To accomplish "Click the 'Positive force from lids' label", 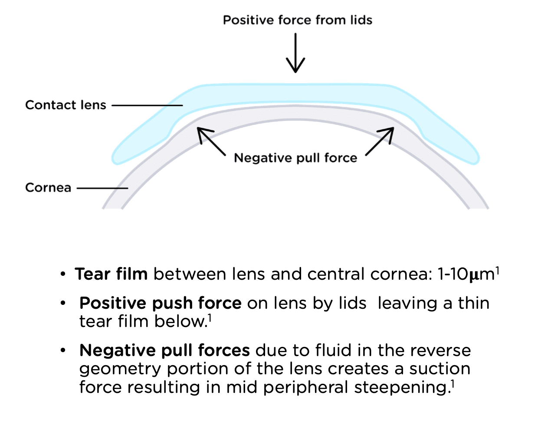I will [x=298, y=20].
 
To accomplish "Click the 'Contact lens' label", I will [x=66, y=105].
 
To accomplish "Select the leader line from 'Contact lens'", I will [x=147, y=105].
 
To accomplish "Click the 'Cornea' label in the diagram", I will [x=48, y=188].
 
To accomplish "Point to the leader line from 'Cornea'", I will [x=102, y=188].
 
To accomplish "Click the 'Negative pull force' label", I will [x=295, y=158].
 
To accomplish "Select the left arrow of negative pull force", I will [x=211, y=141].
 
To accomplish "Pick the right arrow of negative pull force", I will [x=380, y=141].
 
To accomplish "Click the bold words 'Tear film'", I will [x=111, y=274].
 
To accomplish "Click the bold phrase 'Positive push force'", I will [x=160, y=303].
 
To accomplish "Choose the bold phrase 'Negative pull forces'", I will [x=164, y=350].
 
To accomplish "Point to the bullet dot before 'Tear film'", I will [x=63, y=275].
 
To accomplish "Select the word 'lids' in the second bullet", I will [x=352, y=303].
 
